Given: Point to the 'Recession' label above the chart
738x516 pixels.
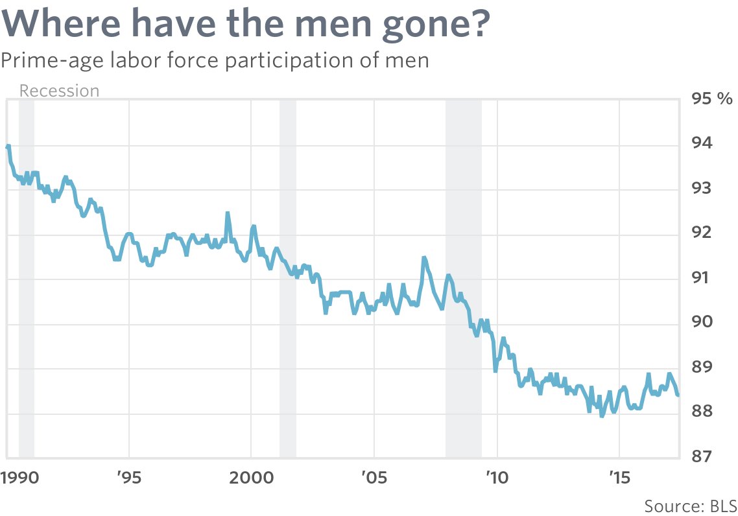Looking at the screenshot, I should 59,91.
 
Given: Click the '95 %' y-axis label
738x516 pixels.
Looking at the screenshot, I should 711,99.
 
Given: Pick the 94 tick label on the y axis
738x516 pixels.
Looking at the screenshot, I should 702,143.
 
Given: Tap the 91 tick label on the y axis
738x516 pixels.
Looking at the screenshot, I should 702,277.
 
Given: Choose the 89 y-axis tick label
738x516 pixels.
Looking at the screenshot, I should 702,367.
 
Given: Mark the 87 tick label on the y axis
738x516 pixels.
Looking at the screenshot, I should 702,456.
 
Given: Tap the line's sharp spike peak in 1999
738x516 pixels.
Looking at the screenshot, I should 228,213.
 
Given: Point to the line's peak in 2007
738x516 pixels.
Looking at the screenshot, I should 423,258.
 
